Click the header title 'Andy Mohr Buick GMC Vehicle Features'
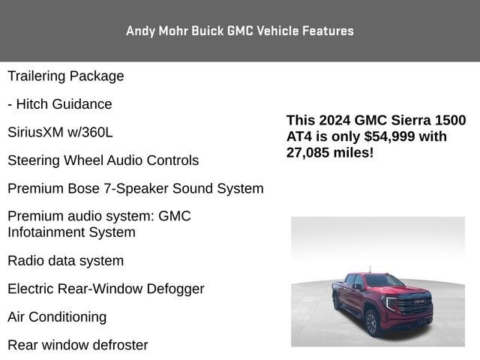pos(239,31)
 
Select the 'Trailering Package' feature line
pos(66,76)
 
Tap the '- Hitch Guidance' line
pos(60,104)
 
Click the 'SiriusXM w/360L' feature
pos(60,132)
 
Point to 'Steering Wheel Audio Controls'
pos(103,160)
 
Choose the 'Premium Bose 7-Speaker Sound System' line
pos(135,188)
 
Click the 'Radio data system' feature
pos(65,261)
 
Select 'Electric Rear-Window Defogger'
pos(106,289)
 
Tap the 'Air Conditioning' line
pos(57,316)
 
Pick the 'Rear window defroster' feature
pos(78,345)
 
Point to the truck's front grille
pos(415,306)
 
